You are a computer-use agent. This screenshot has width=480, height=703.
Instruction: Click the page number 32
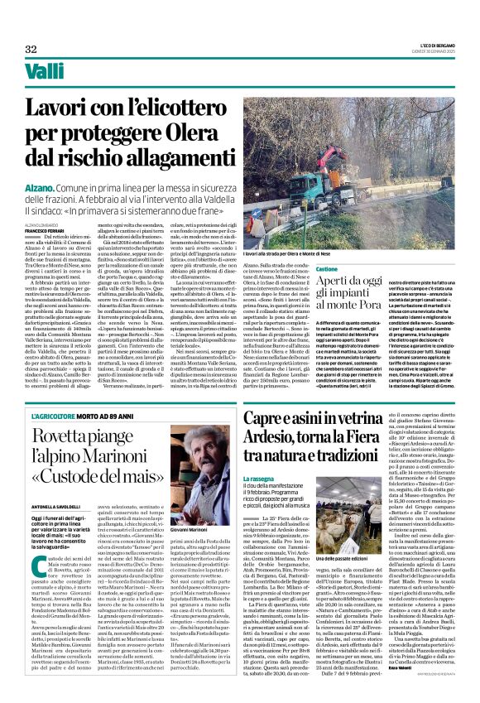[31, 48]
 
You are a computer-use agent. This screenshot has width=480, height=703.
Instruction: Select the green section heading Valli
[45, 73]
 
